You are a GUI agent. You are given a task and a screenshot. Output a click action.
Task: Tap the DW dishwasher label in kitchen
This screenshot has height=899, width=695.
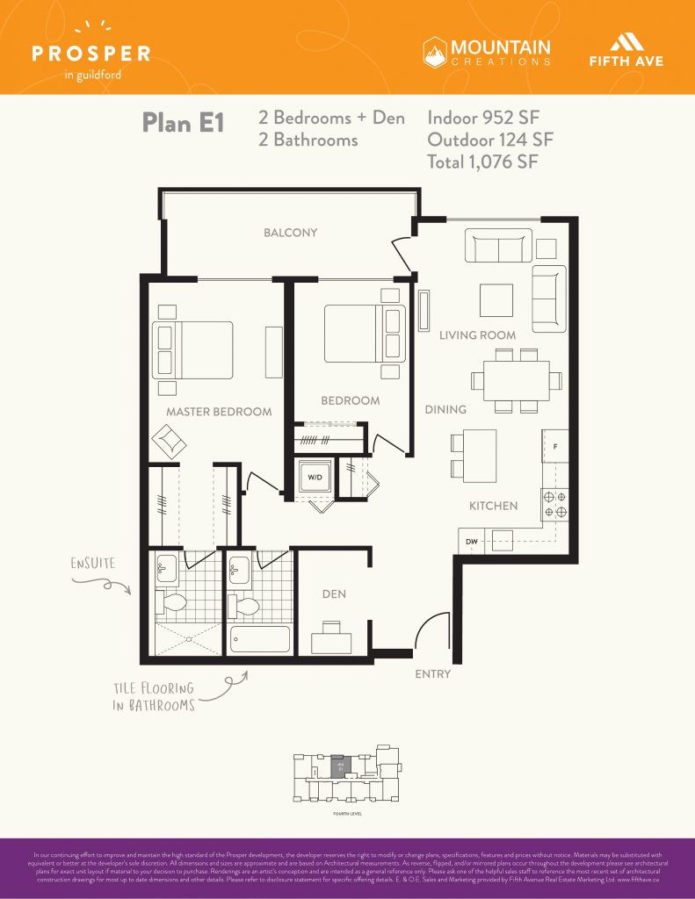472,542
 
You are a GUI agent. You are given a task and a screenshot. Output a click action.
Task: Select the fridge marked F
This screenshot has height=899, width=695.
555,446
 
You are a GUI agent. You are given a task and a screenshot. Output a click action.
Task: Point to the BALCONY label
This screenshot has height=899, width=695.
291,233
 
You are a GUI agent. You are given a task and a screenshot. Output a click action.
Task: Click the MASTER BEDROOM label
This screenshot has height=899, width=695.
219,411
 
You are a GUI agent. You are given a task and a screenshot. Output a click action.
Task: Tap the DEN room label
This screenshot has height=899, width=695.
334,594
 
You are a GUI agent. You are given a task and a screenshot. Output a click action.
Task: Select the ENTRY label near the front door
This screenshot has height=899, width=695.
432,674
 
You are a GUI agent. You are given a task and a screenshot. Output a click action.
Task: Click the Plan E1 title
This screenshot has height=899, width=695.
183,124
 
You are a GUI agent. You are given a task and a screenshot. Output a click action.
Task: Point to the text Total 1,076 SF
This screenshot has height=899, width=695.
482,162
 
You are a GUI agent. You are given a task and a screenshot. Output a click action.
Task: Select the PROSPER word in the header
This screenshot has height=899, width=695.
90,54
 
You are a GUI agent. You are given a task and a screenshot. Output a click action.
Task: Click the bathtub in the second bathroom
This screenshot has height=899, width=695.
260,639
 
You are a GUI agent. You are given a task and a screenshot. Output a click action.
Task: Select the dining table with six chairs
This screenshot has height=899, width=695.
516,380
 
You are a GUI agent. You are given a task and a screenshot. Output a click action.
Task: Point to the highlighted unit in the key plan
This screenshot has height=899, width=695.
337,767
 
